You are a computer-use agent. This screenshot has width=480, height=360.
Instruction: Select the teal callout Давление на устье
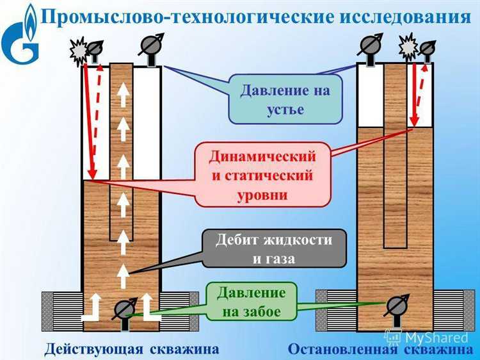click(285, 99)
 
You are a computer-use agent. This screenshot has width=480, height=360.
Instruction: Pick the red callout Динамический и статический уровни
click(262, 175)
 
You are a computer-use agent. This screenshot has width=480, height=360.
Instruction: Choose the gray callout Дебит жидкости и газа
click(273, 249)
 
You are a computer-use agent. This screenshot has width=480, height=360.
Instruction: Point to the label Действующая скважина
click(131, 349)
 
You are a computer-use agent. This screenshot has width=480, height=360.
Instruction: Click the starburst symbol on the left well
click(80, 49)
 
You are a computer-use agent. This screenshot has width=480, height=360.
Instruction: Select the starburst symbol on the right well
click(408, 47)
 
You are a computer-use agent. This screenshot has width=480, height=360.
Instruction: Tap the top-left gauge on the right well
click(370, 47)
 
